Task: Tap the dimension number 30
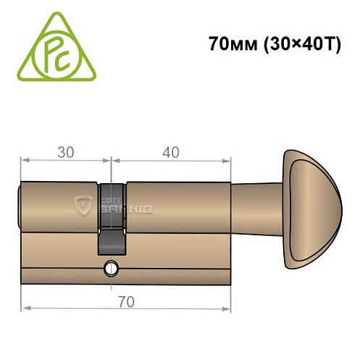(x=66, y=153)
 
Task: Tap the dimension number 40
(x=171, y=153)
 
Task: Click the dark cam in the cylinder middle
(x=111, y=217)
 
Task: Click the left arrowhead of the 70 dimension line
(x=25, y=308)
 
